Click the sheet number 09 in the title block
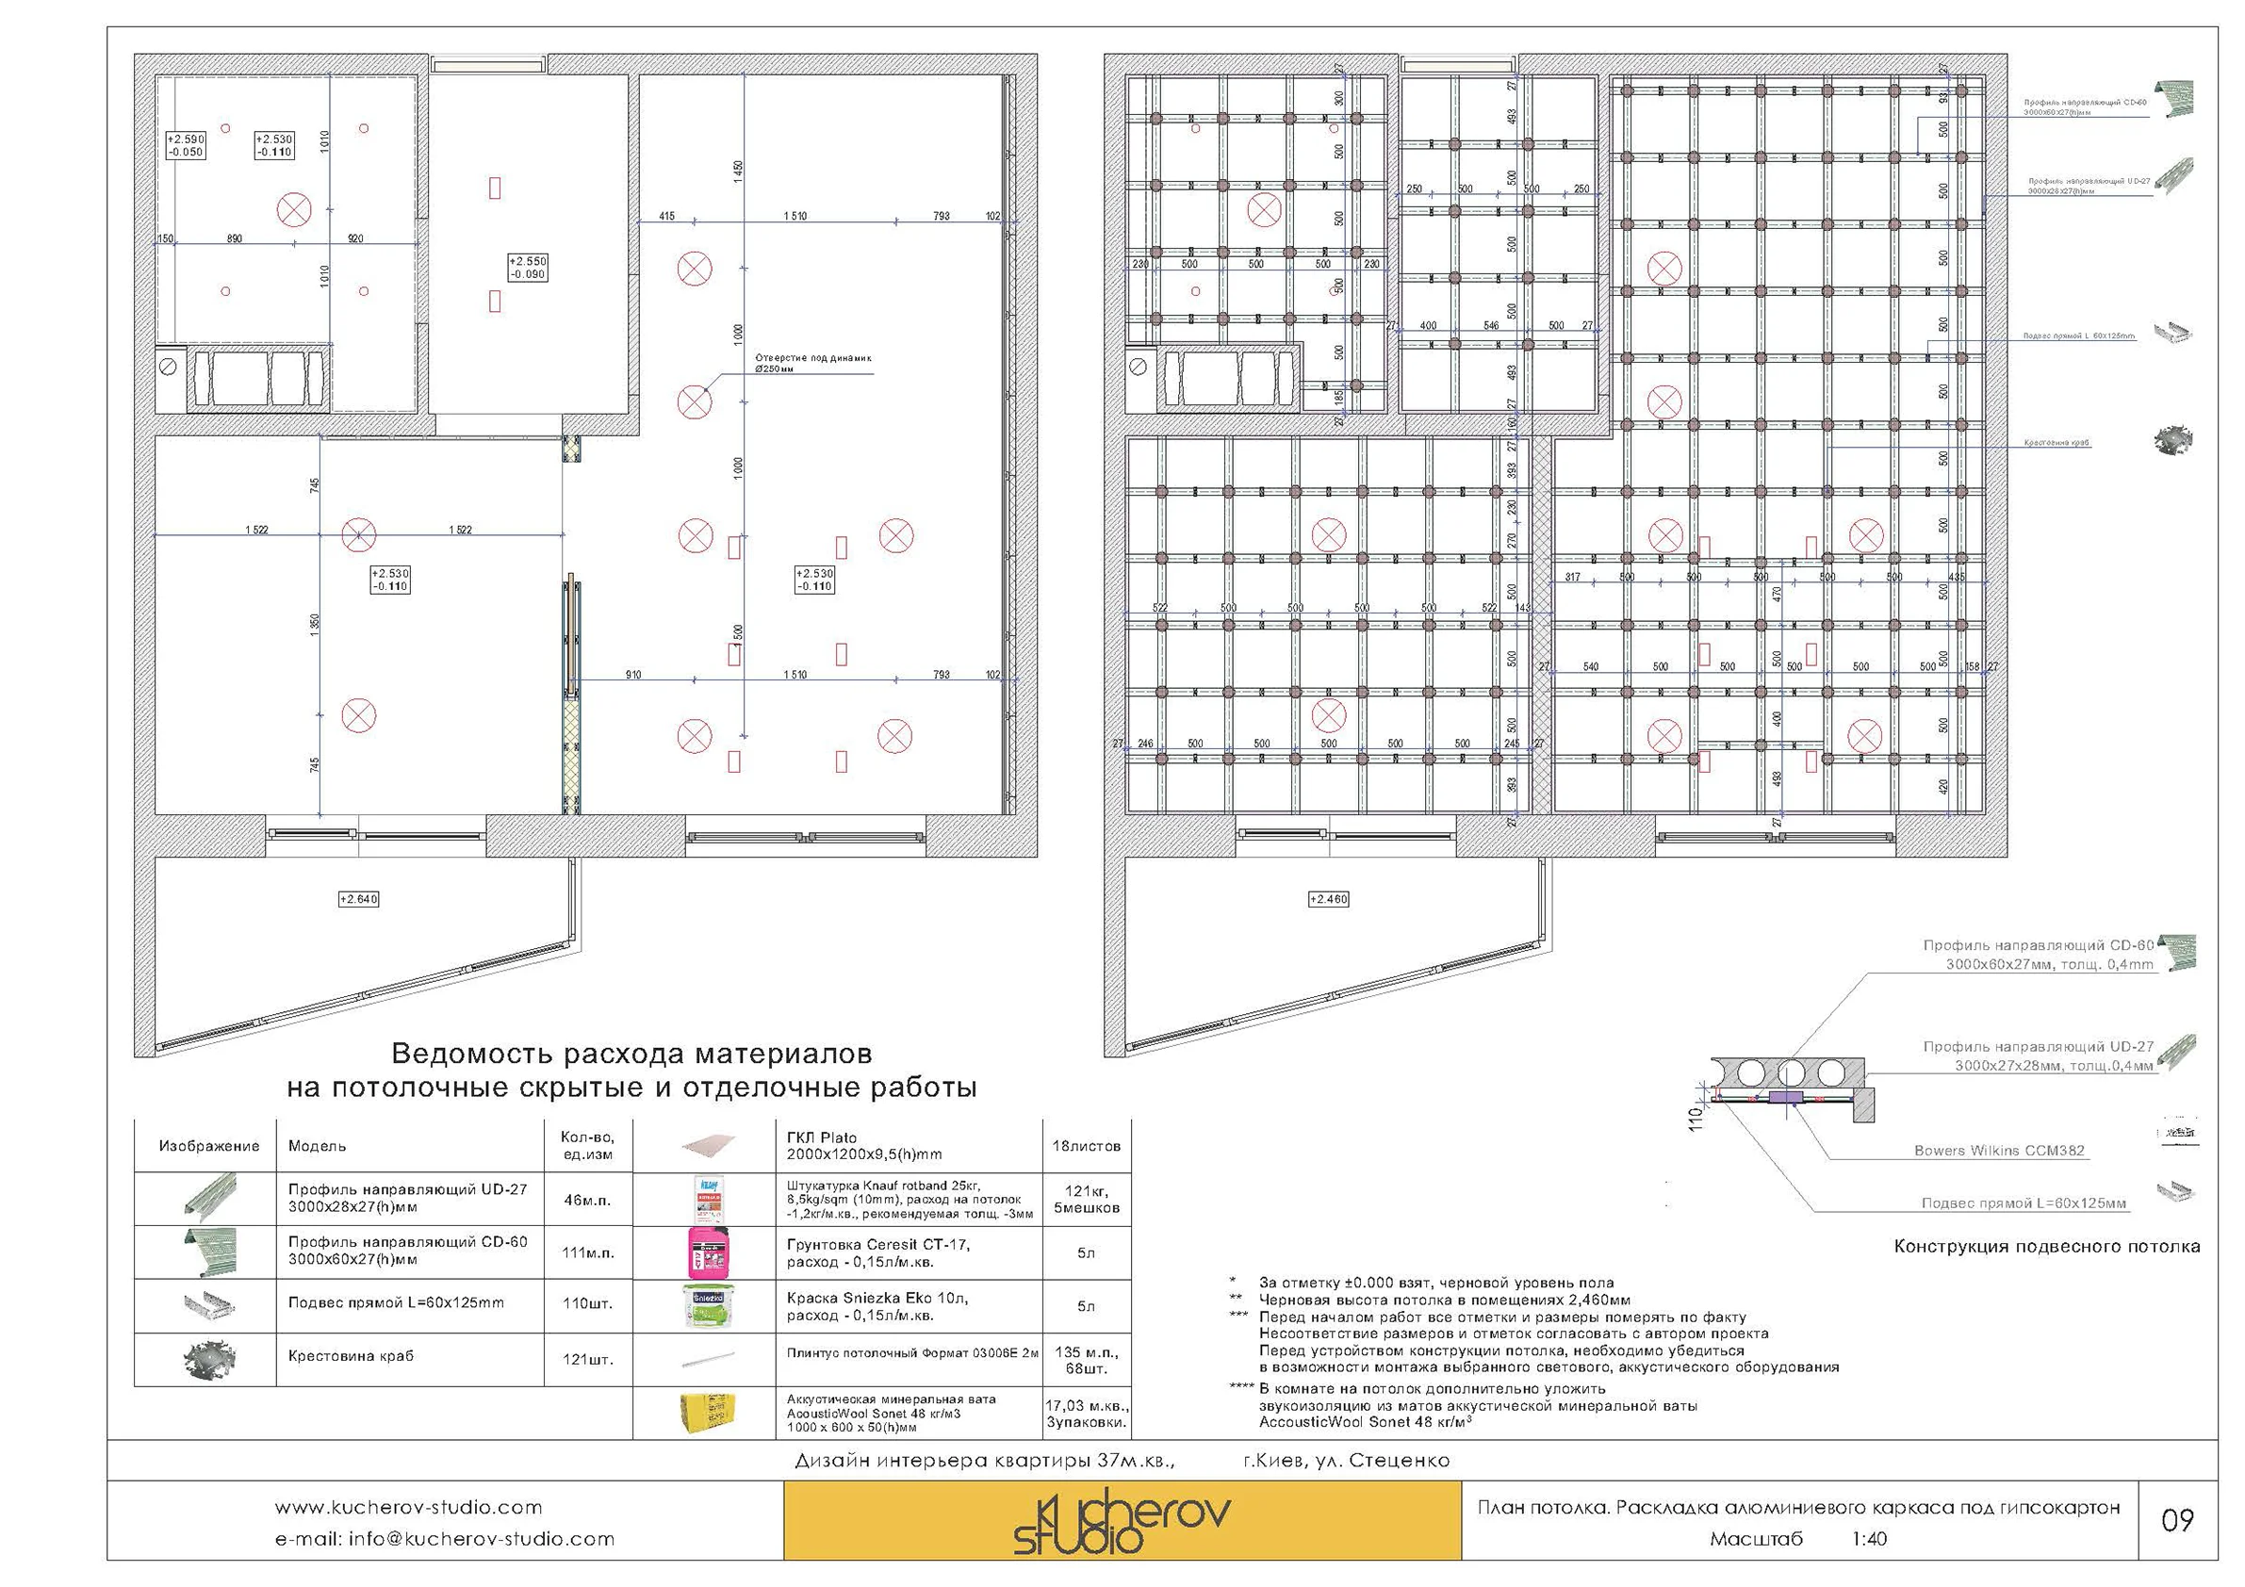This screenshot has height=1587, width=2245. pyautogui.click(x=2176, y=1519)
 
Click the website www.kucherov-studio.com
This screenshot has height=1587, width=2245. pyautogui.click(x=408, y=1507)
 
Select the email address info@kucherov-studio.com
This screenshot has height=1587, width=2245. pyautogui.click(x=444, y=1538)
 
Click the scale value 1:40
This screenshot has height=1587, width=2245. pyautogui.click(x=1869, y=1538)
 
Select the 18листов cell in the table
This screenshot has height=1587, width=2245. pyautogui.click(x=1086, y=1146)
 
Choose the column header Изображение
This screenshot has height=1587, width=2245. pyautogui.click(x=209, y=1146)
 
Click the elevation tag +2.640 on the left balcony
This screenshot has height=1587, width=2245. pyautogui.click(x=358, y=899)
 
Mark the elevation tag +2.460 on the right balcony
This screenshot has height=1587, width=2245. pyautogui.click(x=1328, y=899)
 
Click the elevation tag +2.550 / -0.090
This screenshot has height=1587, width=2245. pyautogui.click(x=528, y=268)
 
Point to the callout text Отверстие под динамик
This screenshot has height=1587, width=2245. pyautogui.click(x=811, y=359)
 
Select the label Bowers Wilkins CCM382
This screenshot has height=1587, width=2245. pyautogui.click(x=1999, y=1151)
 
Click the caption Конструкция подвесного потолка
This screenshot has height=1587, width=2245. pyautogui.click(x=2046, y=1247)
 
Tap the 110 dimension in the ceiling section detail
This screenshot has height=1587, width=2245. pyautogui.click(x=1696, y=1117)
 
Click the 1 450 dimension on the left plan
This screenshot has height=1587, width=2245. pyautogui.click(x=738, y=172)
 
